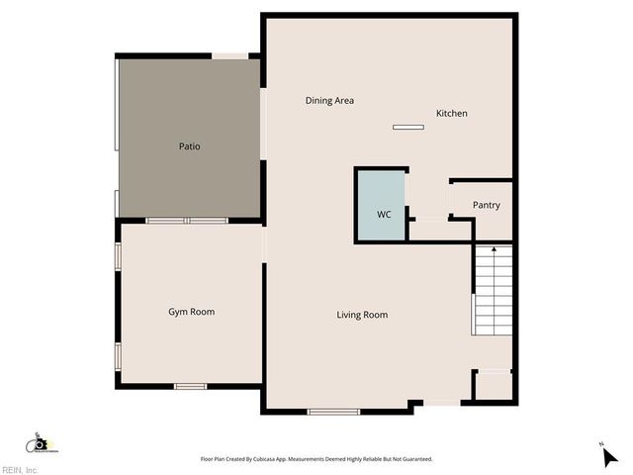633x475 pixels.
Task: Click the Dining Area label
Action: [x=329, y=101]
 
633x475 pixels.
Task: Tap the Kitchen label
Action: [x=452, y=114]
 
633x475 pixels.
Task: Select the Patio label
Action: [x=189, y=146]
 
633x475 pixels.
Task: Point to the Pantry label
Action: [x=486, y=206]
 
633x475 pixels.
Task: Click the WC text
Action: [x=384, y=215]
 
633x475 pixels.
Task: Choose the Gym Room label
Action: [x=191, y=312]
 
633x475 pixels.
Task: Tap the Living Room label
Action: [x=362, y=316]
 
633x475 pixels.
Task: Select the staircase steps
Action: [x=494, y=292]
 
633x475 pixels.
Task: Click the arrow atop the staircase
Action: [x=494, y=250]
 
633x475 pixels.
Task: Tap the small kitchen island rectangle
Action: [x=407, y=127]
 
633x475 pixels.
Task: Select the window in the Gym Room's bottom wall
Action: [x=189, y=385]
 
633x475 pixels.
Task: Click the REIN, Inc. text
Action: [x=20, y=470]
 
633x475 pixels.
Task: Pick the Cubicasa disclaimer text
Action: [x=316, y=459]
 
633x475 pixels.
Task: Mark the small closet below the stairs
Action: [x=493, y=385]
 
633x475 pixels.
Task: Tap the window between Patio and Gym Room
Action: [x=187, y=221]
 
